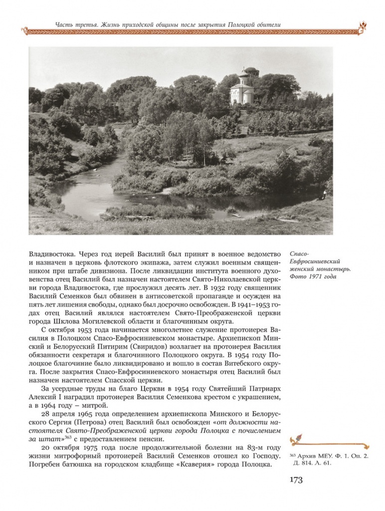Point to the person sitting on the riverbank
coord(323,194)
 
